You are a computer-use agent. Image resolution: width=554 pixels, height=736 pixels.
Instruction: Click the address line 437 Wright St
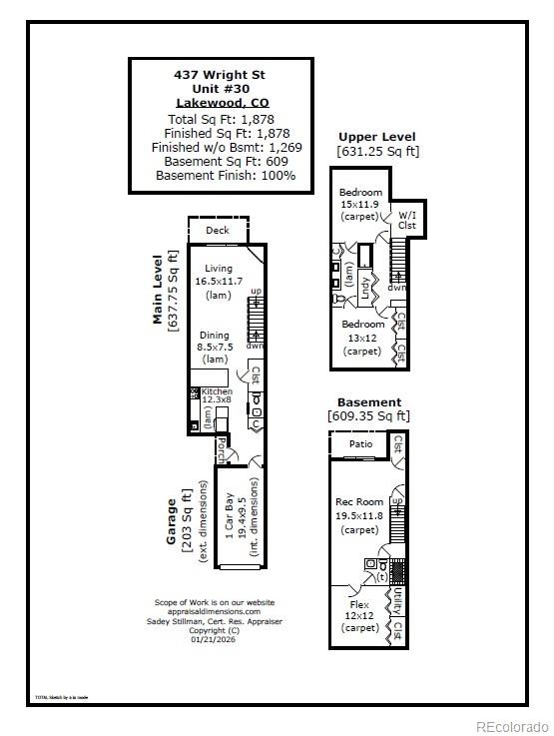[x=221, y=74]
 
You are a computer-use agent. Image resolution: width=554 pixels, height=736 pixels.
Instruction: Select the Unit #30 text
[x=221, y=88]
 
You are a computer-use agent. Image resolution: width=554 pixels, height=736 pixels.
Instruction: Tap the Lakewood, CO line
[x=221, y=103]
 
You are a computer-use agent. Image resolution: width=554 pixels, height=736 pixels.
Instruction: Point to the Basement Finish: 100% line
[x=225, y=175]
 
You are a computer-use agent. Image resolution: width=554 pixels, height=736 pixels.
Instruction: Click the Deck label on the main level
[x=217, y=231]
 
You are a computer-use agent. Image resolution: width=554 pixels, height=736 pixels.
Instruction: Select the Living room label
[x=218, y=269]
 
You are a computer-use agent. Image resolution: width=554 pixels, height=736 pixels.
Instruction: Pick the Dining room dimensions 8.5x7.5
[x=214, y=348]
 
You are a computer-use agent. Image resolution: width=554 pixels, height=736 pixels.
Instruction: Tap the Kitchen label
[x=217, y=392]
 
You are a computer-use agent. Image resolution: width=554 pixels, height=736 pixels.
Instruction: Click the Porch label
[x=221, y=442]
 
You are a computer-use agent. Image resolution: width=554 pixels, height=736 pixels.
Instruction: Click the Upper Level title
[x=376, y=137]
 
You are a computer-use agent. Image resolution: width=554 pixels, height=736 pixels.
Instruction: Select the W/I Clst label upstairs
[x=407, y=220]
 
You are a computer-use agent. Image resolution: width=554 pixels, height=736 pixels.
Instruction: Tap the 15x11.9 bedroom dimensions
[x=360, y=204]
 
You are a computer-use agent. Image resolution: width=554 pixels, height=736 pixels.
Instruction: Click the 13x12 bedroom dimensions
[x=362, y=338]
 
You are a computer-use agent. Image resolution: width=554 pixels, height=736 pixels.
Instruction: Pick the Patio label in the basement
[x=359, y=444]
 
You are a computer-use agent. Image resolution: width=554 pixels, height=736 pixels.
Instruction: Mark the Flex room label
[x=360, y=605]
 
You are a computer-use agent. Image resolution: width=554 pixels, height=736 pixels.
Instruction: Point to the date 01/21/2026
[x=215, y=639]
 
